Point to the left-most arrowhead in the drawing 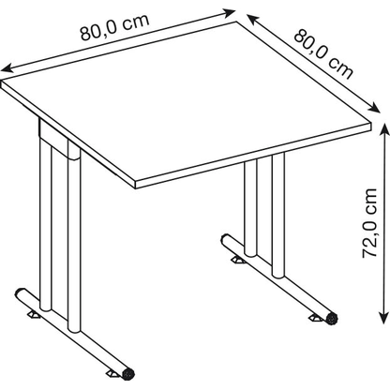click(6, 69)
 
